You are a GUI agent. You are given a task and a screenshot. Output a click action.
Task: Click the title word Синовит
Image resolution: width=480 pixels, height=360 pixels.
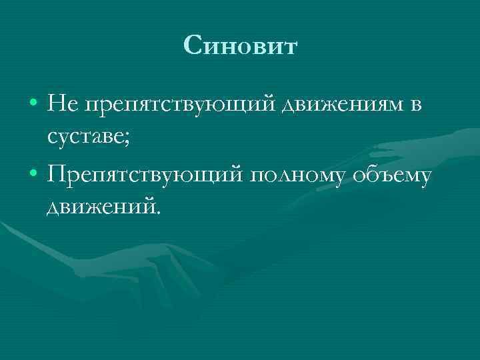[240, 47]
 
